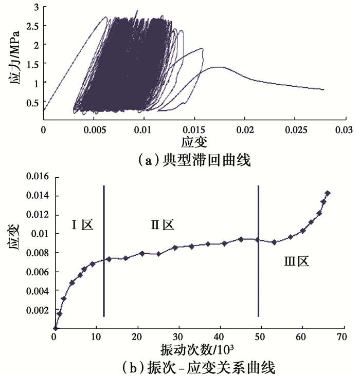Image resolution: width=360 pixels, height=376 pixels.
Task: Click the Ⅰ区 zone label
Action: (x=82, y=224)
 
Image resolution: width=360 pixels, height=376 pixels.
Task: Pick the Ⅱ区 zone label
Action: (x=163, y=224)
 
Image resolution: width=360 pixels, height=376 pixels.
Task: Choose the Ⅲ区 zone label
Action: (x=296, y=261)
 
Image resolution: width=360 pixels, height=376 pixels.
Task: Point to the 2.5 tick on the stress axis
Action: (x=34, y=26)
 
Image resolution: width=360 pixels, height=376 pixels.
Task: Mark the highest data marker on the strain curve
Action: (x=328, y=193)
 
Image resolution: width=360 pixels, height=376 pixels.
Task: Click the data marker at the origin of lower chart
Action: (x=55, y=328)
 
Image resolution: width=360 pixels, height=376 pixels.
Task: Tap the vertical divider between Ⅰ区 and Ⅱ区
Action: (x=103, y=251)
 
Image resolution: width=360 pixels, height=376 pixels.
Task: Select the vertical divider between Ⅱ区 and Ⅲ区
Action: (x=258, y=251)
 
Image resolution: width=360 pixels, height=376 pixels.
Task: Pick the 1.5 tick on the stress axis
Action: (x=34, y=63)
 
